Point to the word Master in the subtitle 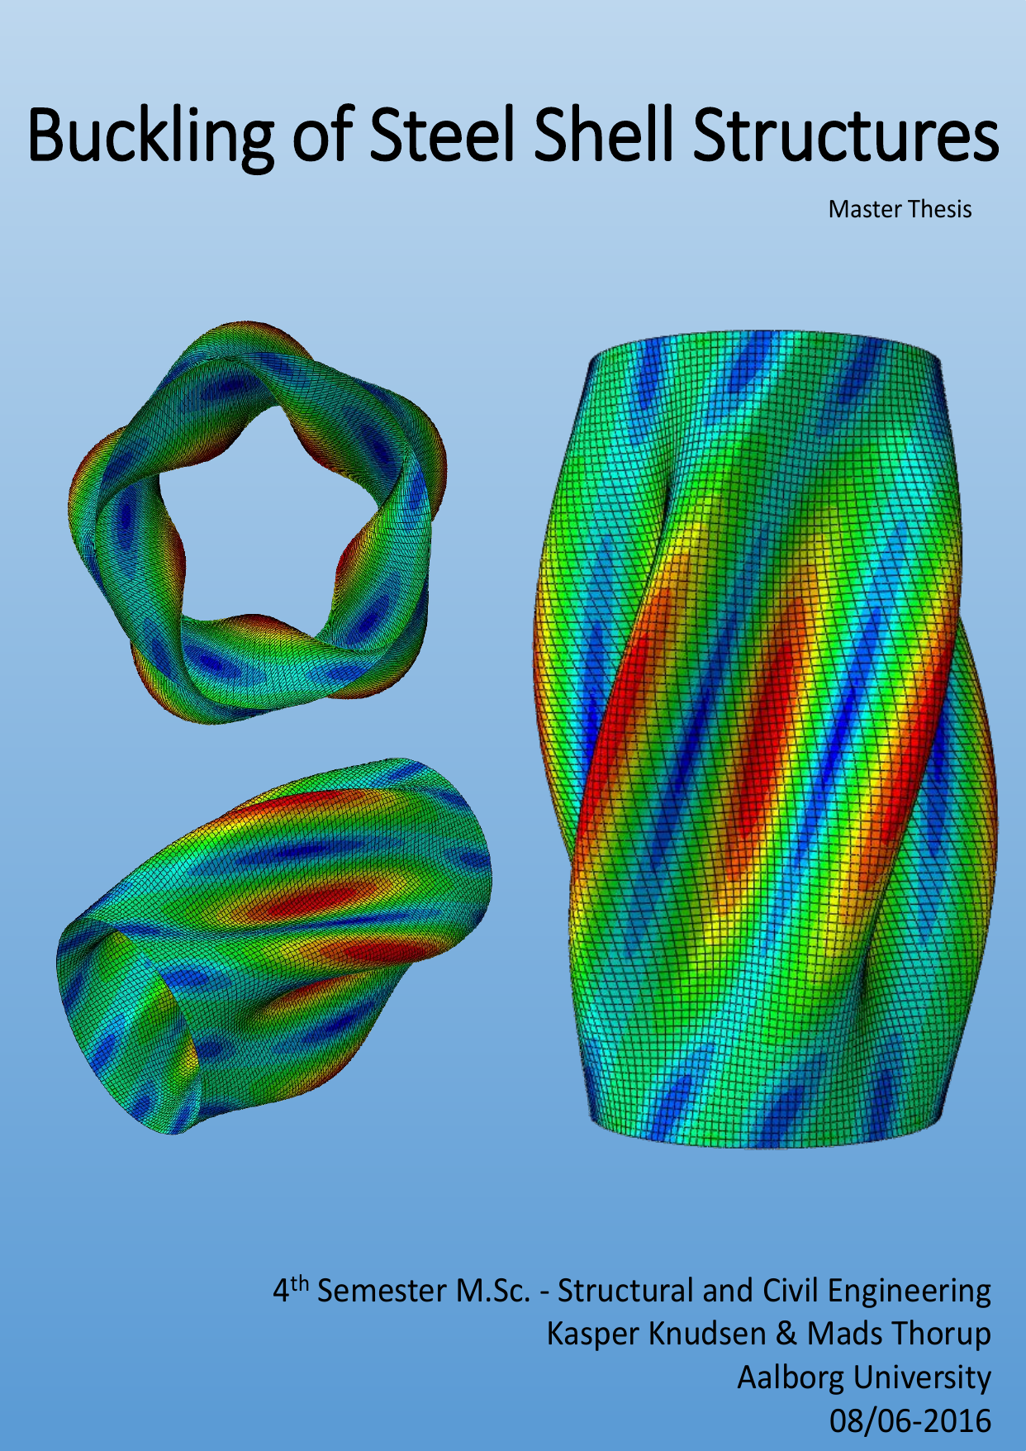tap(865, 209)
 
